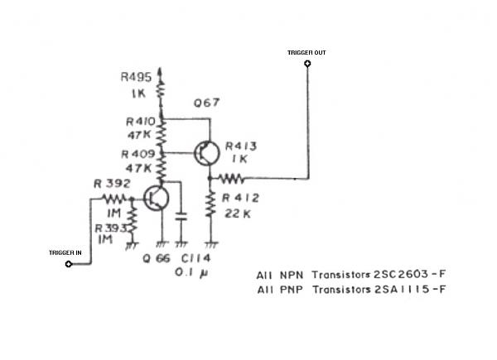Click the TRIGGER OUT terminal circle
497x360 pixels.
point(307,64)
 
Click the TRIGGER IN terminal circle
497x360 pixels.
point(69,264)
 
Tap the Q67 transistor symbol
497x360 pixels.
point(206,153)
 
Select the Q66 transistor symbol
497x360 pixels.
point(156,199)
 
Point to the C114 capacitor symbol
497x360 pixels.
point(181,217)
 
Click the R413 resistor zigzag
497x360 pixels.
point(232,179)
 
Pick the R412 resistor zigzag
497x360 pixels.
point(210,204)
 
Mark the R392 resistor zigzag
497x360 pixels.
point(113,199)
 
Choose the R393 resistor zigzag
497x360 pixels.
point(133,219)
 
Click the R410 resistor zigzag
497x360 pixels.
point(161,135)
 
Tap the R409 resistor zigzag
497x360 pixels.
point(161,169)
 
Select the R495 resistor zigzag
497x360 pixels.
point(161,89)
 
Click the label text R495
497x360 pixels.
point(137,77)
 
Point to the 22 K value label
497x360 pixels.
point(238,214)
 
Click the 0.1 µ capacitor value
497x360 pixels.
point(191,272)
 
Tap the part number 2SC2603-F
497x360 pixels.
point(409,274)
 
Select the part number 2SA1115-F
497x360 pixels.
point(410,289)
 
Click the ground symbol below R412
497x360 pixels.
point(211,244)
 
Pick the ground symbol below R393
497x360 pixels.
point(132,246)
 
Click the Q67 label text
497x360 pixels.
point(206,103)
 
